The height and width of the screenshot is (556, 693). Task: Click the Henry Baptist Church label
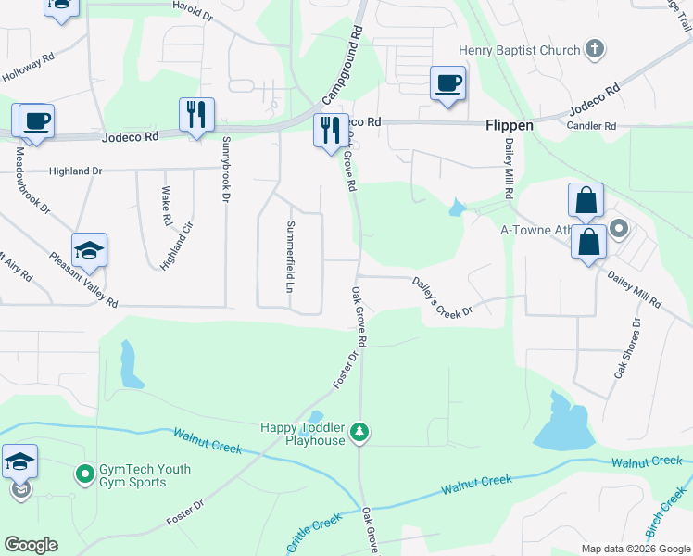[x=519, y=49]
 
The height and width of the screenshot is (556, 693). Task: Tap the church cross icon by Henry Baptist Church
[x=595, y=48]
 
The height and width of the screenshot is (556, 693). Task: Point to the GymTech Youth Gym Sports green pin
[x=85, y=474]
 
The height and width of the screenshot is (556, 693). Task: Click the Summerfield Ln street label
[x=290, y=251]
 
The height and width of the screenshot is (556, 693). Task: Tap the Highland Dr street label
[x=77, y=171]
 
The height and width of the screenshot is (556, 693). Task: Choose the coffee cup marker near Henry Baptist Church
[x=447, y=83]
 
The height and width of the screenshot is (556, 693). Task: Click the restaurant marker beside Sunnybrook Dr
[x=196, y=114]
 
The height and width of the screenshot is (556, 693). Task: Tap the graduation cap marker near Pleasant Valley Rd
[x=89, y=250]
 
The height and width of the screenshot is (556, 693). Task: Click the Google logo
[x=31, y=545]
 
